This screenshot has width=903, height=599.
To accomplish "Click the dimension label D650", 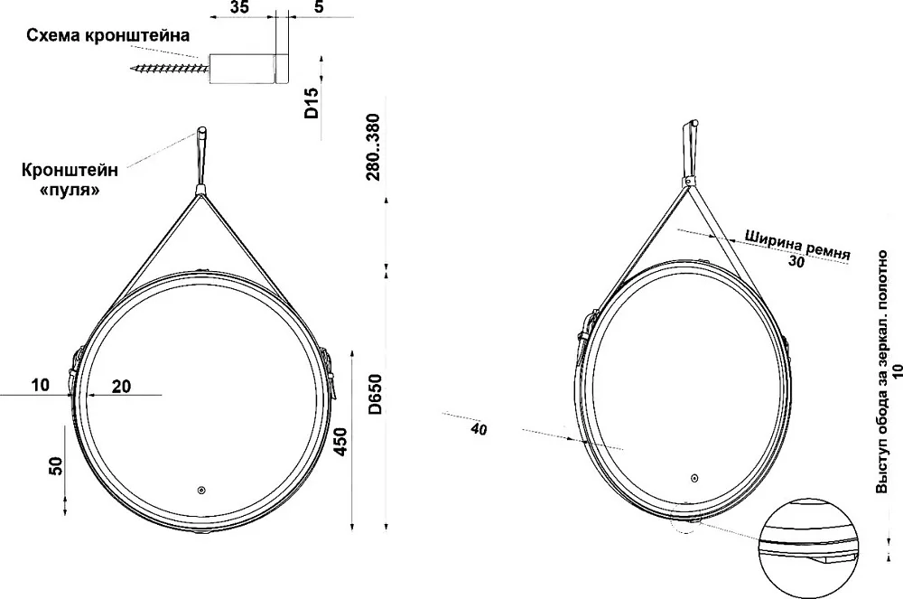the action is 375,395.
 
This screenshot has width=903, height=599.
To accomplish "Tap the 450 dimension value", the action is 341,443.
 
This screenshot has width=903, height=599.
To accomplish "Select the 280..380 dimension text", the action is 373,147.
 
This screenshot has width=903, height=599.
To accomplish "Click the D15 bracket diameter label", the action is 311,103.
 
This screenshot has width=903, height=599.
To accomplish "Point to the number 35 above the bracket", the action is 239,7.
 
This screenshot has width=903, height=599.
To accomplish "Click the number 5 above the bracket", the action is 320,7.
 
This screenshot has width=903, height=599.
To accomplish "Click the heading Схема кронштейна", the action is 107,36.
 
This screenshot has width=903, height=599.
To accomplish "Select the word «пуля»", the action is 70,190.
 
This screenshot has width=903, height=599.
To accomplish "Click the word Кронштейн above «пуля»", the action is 70,170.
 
